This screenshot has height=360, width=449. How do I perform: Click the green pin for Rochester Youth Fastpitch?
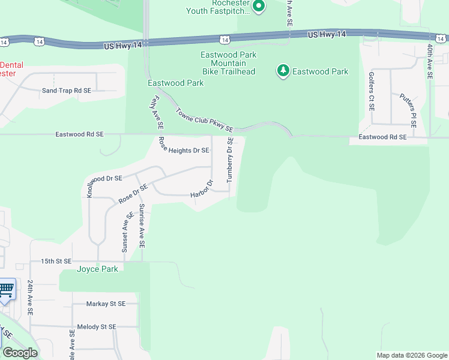(x=259, y=7)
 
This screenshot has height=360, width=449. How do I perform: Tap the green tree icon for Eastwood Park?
(x=282, y=71)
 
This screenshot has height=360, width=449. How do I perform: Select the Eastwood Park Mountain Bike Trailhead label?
(x=228, y=63)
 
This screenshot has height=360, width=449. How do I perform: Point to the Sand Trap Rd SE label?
(x=66, y=91)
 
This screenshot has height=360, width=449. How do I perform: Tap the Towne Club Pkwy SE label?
(x=204, y=119)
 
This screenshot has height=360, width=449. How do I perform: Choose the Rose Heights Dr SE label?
(x=184, y=147)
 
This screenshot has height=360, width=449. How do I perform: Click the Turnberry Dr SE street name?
(x=229, y=160)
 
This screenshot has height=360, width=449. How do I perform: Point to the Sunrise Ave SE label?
(x=142, y=226)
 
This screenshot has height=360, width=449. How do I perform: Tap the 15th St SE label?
(x=56, y=262)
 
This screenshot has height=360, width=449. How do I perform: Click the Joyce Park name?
(x=97, y=269)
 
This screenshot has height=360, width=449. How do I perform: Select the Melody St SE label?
(x=95, y=327)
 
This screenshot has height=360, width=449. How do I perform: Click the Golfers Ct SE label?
(x=372, y=91)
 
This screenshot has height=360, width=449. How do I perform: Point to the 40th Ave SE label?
(x=430, y=61)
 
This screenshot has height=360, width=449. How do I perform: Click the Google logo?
(x=20, y=353)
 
